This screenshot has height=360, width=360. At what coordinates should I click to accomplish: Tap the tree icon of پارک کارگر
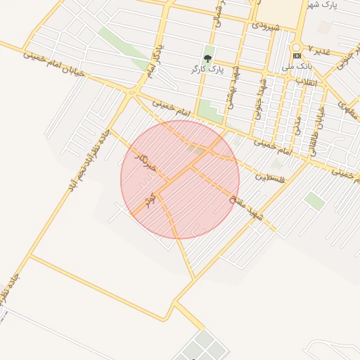tap(207, 58)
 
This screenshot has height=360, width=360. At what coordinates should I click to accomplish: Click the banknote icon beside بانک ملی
tap(296, 56)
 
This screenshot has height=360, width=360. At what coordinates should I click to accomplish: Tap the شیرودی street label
tap(265, 27)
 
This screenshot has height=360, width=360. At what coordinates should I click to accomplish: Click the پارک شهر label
tap(323, 5)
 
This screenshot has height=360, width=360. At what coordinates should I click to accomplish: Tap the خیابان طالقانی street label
tap(317, 130)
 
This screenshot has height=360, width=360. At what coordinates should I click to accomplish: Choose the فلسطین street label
tap(271, 176)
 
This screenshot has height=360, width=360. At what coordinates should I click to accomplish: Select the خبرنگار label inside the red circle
tap(146, 162)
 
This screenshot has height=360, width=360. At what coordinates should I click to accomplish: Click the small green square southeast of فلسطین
tap(315, 201)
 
